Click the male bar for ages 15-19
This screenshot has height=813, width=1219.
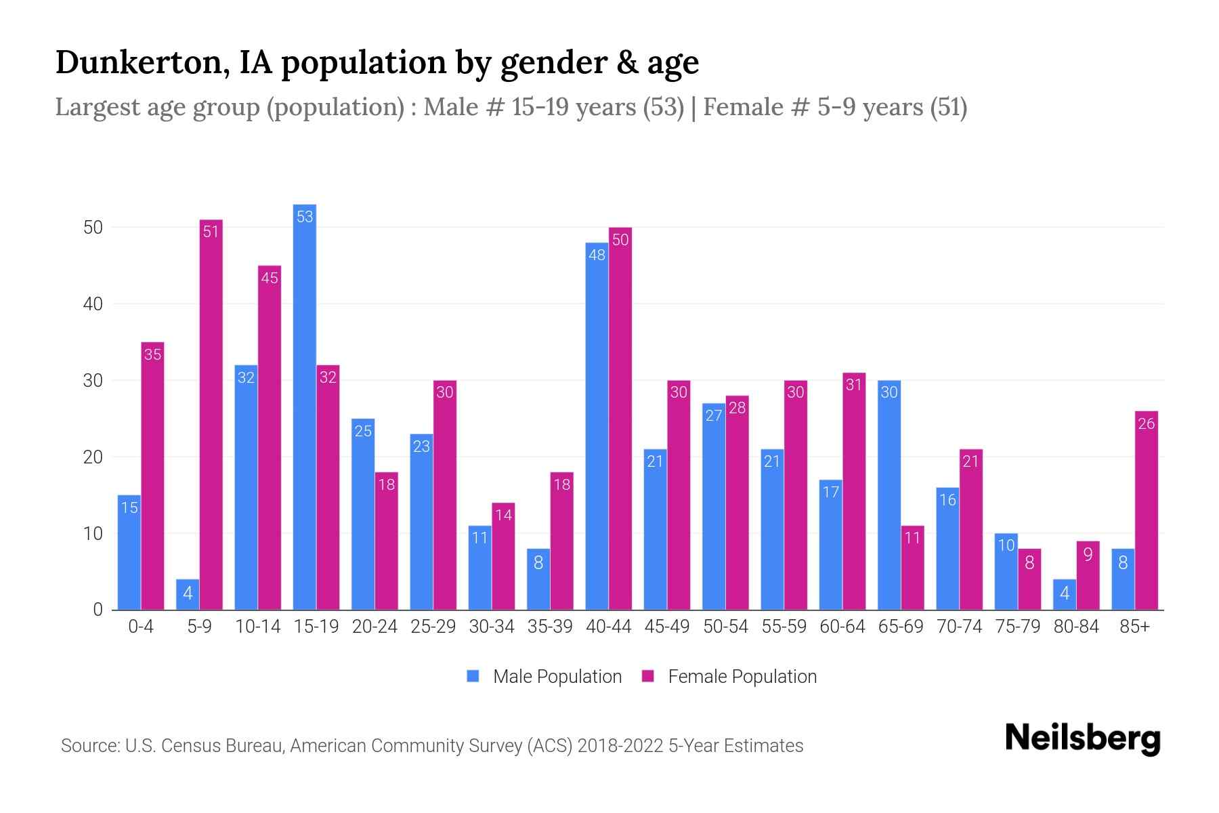point(305,406)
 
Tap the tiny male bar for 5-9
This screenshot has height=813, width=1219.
point(188,595)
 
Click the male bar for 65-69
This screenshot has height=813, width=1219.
point(889,495)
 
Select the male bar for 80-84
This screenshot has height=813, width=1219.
point(1065,595)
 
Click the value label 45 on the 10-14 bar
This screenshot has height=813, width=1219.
point(270,278)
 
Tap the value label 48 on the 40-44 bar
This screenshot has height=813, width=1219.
point(597,255)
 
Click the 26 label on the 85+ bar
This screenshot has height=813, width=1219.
point(1147,424)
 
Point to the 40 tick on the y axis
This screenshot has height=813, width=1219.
point(93,304)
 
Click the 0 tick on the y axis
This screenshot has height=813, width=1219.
point(98,610)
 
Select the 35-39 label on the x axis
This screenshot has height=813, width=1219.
point(550,627)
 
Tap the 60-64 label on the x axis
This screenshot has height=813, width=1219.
point(842,627)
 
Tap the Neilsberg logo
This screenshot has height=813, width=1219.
point(1082,738)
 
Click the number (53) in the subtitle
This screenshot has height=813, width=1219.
point(664,107)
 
